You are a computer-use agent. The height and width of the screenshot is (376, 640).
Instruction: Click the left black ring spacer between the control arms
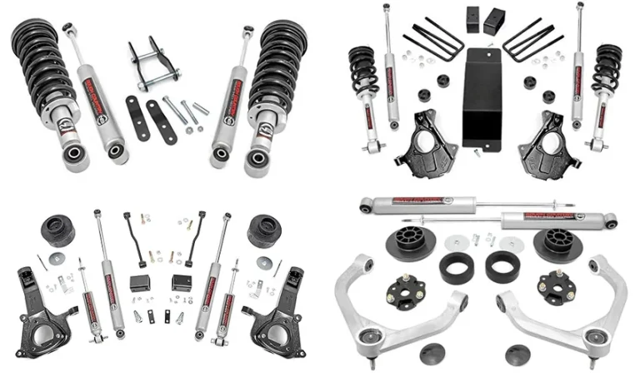[x=455, y=267]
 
